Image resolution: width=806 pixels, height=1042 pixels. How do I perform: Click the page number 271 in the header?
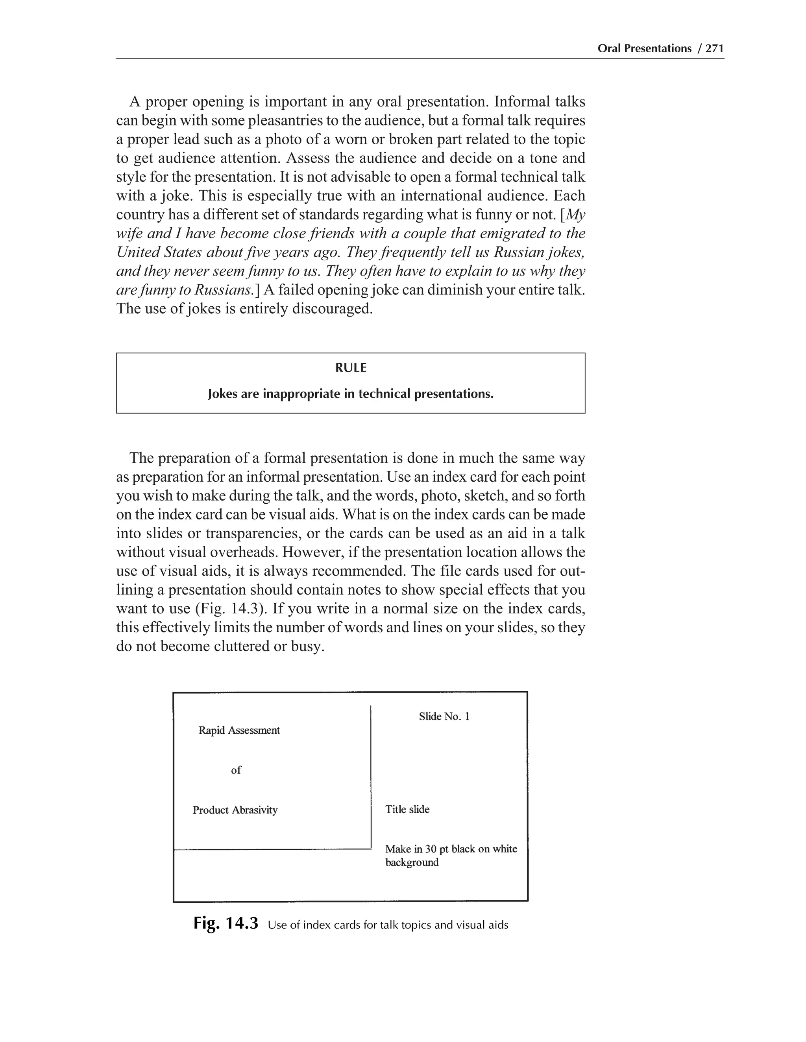tap(715, 48)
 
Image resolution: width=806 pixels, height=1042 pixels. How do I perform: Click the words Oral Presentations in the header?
tap(644, 48)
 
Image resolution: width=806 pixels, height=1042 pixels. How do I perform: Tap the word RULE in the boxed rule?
tap(351, 368)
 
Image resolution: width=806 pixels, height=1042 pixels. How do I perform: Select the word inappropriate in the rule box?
tap(309, 394)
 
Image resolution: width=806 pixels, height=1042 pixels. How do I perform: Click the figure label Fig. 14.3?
tap(226, 923)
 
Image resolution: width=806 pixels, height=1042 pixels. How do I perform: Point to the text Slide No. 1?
tap(444, 716)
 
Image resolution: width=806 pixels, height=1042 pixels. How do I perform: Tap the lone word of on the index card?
tap(236, 770)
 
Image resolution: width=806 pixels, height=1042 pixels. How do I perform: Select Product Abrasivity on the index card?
tap(235, 810)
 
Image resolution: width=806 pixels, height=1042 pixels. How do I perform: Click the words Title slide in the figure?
tap(407, 809)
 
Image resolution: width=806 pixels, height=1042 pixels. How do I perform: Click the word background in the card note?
tap(412, 863)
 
